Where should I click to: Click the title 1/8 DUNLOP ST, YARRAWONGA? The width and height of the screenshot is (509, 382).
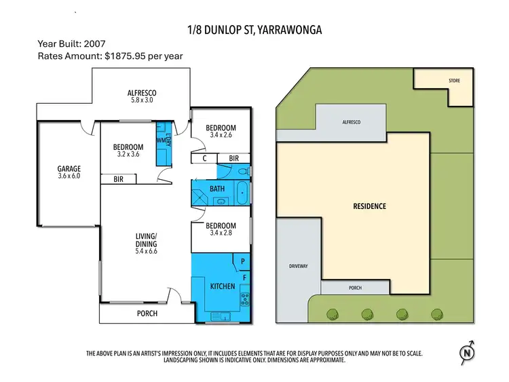[x=254, y=30]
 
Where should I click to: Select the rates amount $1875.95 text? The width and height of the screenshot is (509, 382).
[x=110, y=56]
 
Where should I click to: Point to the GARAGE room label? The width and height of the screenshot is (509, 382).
[x=69, y=169]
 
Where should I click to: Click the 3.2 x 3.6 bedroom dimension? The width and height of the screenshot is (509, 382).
[x=128, y=155]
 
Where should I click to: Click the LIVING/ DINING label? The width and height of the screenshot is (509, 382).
[x=146, y=240]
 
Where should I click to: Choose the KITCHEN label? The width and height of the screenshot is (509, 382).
[x=222, y=286]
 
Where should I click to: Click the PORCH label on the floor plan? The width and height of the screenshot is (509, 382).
[x=147, y=313]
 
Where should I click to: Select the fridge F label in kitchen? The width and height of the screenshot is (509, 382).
[x=244, y=276]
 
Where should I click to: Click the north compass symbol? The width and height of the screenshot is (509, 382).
[x=466, y=352]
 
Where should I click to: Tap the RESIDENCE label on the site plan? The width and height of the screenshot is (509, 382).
[x=369, y=206]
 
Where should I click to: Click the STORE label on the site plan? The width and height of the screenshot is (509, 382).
[x=454, y=81]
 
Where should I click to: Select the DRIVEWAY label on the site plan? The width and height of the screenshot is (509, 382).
[x=298, y=266]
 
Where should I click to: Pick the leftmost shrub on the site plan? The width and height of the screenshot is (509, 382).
[x=333, y=313]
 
